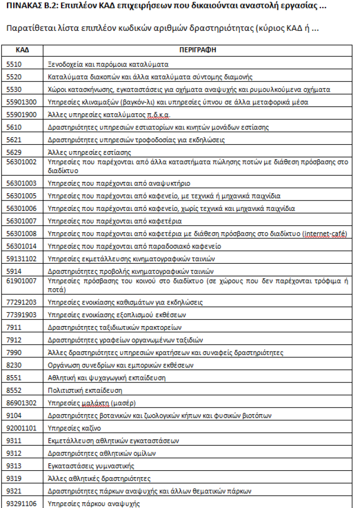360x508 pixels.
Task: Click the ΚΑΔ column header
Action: pos(22,50)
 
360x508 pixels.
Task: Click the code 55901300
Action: pos(22,102)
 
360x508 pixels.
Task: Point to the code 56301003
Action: pos(22,183)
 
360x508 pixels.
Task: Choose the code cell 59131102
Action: pos(22,258)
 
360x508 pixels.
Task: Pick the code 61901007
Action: pos(22,280)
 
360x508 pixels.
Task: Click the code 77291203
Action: pos(22,302)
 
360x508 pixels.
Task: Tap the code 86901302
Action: pos(22,403)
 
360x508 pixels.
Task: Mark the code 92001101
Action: pos(22,428)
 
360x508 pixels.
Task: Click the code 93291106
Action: pos(22,503)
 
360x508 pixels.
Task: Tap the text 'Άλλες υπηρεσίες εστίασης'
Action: pos(83,152)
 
